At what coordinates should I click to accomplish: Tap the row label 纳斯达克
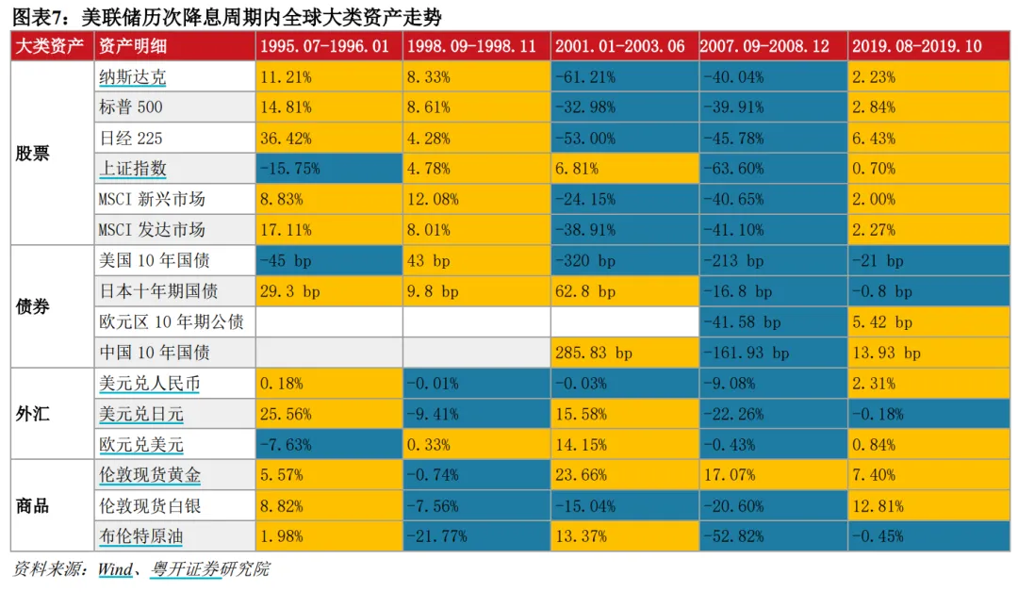coord(133,77)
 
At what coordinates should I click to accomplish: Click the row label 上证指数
coord(133,169)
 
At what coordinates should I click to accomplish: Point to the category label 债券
coord(33,306)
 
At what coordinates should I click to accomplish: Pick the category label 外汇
coord(33,414)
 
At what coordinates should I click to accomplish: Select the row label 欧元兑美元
coord(141,445)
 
